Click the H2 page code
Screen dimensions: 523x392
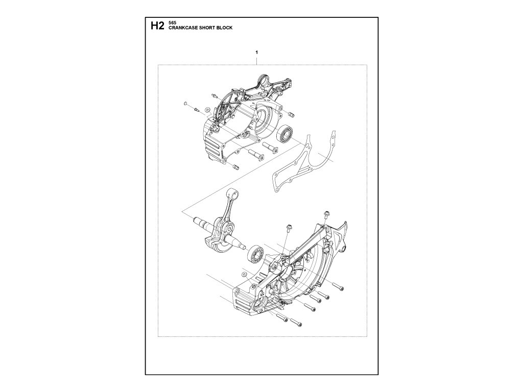(x=156, y=26)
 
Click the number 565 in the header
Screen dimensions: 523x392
(x=171, y=23)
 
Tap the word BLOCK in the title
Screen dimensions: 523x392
(x=224, y=29)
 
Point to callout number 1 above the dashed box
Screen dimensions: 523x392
(x=256, y=53)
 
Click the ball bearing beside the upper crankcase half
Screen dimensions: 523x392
(x=287, y=134)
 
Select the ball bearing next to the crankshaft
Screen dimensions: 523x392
(x=254, y=254)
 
